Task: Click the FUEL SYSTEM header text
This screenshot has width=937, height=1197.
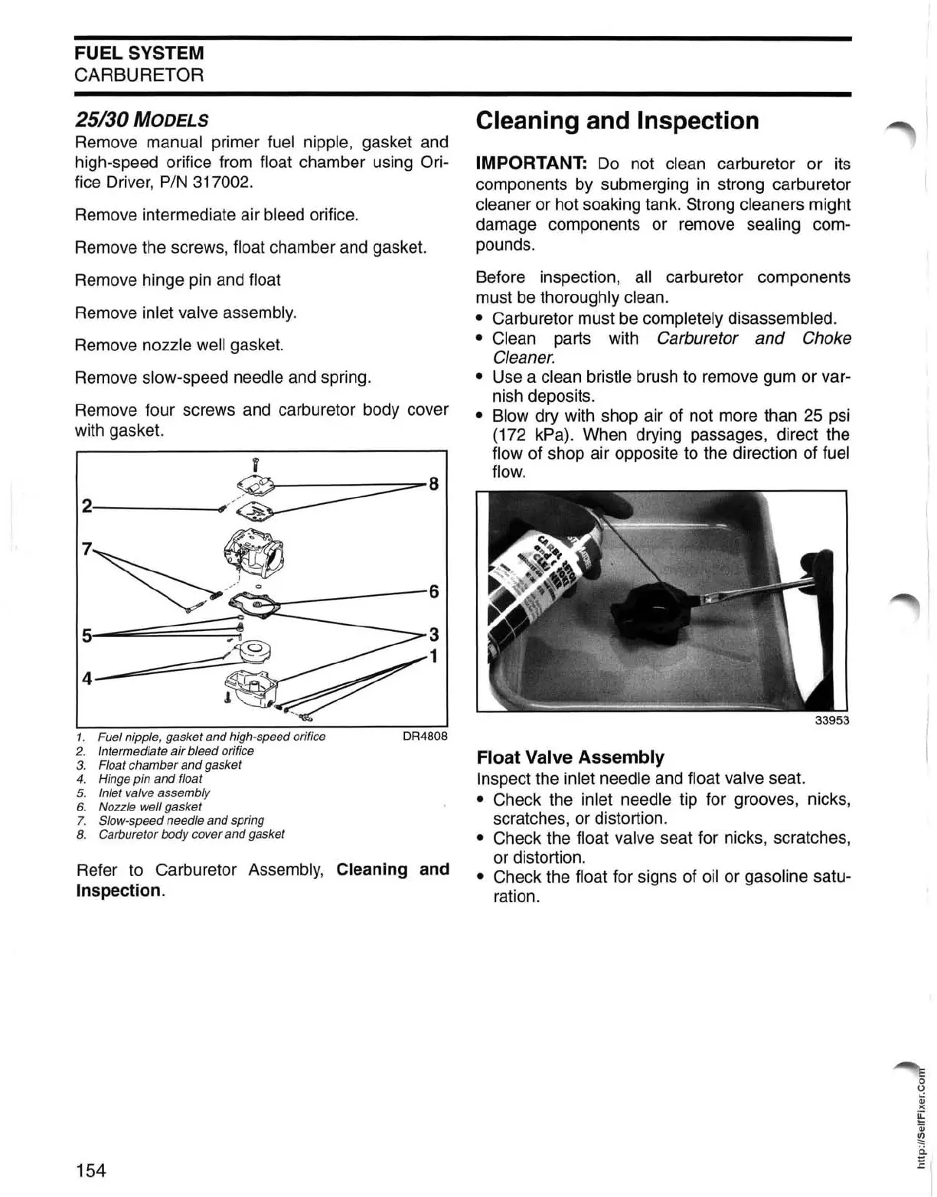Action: (x=139, y=53)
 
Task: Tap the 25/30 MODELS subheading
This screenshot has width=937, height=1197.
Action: (x=142, y=119)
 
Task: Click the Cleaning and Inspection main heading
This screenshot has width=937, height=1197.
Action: (x=617, y=121)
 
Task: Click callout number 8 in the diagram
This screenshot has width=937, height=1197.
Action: (x=434, y=484)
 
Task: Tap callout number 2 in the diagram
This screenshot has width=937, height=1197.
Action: (x=87, y=506)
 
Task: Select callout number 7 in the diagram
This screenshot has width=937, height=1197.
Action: (x=87, y=549)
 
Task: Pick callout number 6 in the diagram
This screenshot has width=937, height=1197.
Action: (x=434, y=591)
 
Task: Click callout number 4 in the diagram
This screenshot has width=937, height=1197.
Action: (x=87, y=679)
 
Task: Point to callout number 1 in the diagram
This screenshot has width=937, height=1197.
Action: (x=434, y=657)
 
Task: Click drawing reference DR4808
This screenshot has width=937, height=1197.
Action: (x=425, y=737)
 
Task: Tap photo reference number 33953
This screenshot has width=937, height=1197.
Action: (x=831, y=721)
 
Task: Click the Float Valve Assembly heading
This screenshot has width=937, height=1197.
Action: (x=570, y=757)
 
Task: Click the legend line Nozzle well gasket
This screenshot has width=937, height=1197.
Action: (x=150, y=806)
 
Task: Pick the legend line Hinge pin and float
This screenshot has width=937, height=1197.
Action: (x=150, y=779)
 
